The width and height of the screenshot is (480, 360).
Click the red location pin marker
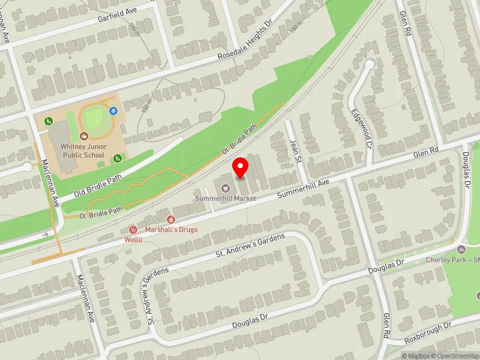[241, 167]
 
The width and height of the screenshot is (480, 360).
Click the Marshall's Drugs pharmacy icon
[171, 220]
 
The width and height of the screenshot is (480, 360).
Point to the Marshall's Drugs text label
[171, 230]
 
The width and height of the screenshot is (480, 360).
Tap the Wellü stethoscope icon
[134, 229]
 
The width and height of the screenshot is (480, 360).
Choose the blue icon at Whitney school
[113, 111]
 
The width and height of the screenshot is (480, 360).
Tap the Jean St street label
[294, 150]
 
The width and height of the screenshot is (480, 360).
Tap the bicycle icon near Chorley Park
[461, 250]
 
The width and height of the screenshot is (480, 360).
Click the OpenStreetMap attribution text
[457, 356]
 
